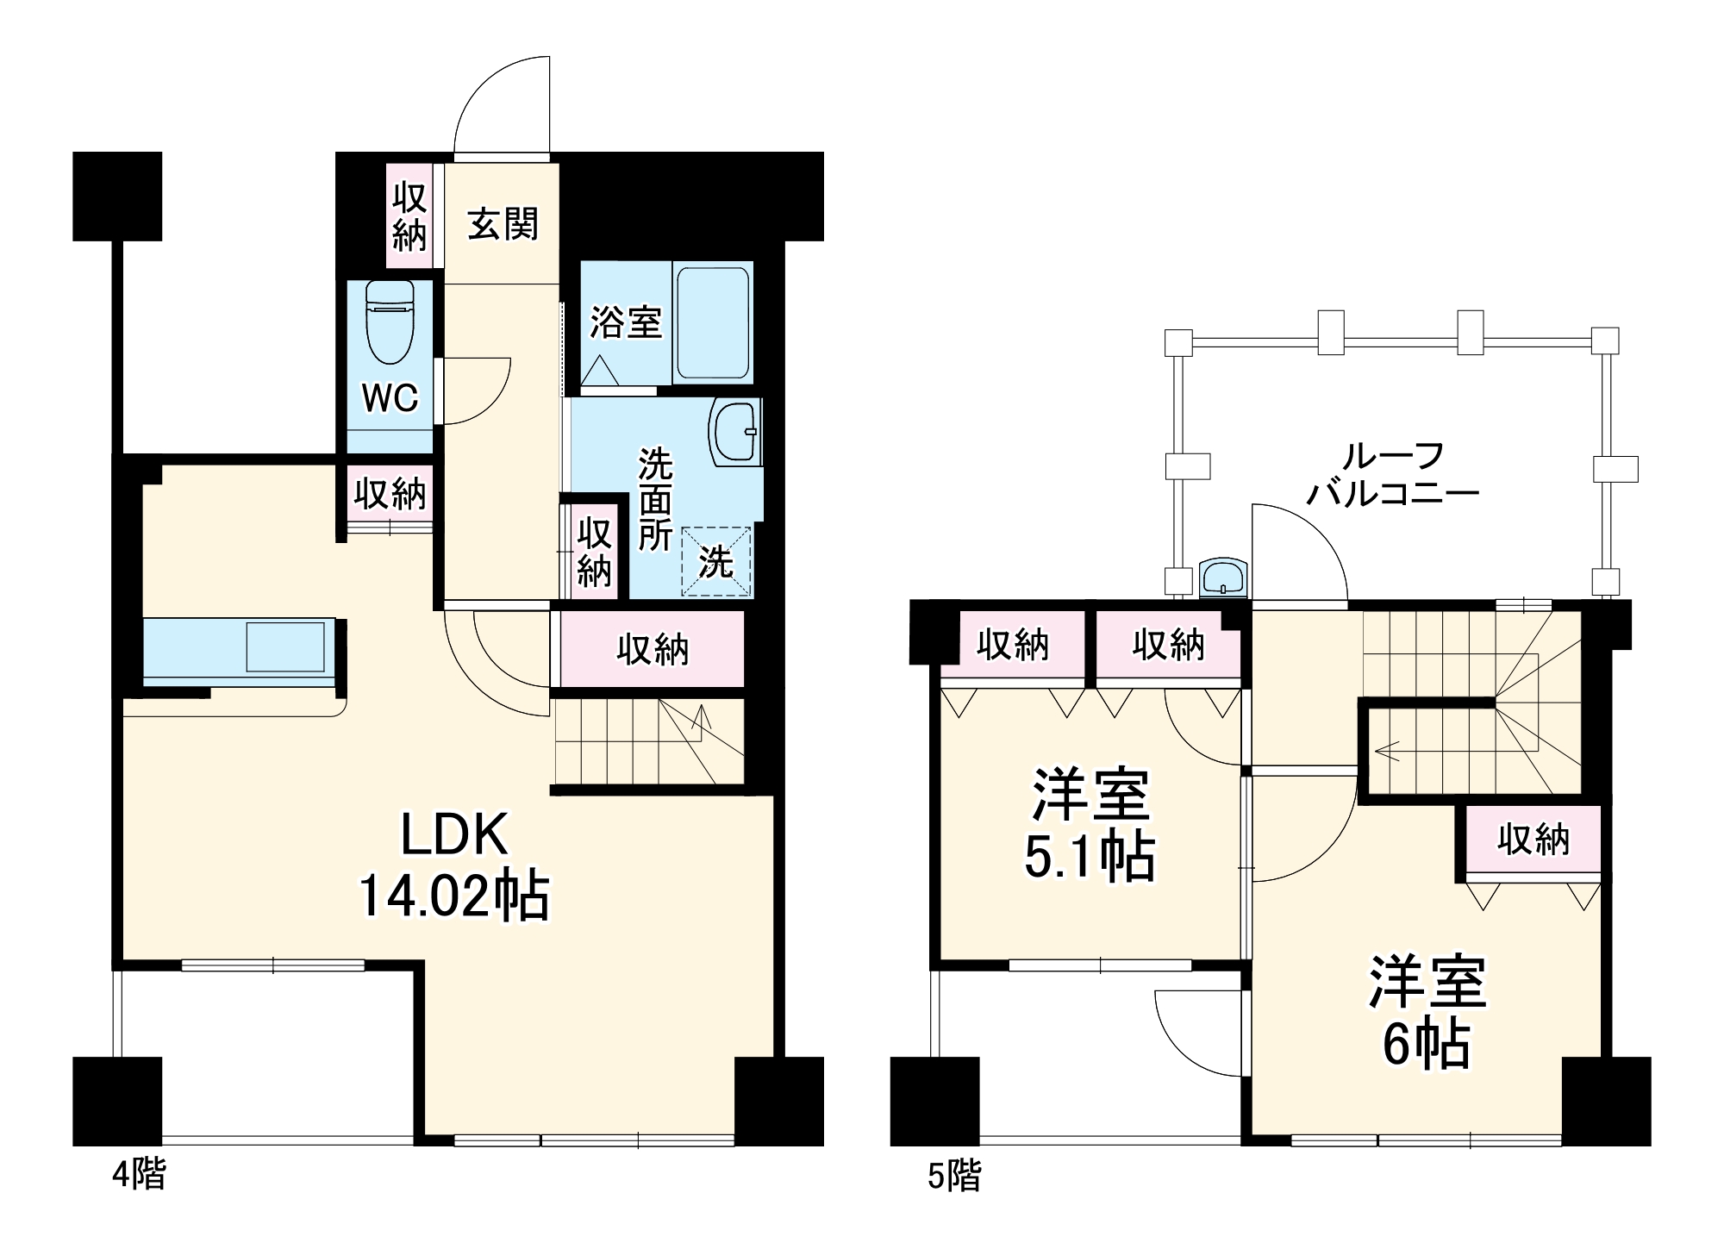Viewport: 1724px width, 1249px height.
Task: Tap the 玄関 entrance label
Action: pos(503,224)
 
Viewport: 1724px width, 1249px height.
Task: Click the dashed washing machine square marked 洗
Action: pos(716,562)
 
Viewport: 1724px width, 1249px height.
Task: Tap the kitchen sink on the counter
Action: pos(285,646)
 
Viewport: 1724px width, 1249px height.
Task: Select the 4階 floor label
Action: pos(139,1174)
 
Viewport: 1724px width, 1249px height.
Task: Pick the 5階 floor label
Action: pos(954,1175)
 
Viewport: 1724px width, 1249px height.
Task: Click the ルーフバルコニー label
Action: pos(1393,474)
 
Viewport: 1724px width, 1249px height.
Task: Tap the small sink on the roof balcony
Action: pos(1223,577)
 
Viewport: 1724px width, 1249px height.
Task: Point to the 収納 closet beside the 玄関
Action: pos(409,215)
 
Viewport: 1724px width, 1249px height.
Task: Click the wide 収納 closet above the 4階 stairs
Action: pos(653,649)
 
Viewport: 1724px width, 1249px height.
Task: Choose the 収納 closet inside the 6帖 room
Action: pos(1533,839)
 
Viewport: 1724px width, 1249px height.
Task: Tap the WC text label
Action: pos(390,398)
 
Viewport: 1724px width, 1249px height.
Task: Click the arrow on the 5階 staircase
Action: pos(1388,751)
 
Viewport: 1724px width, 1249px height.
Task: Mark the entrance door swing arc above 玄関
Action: pos(501,103)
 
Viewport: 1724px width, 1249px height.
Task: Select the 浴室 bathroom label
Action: pos(626,322)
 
